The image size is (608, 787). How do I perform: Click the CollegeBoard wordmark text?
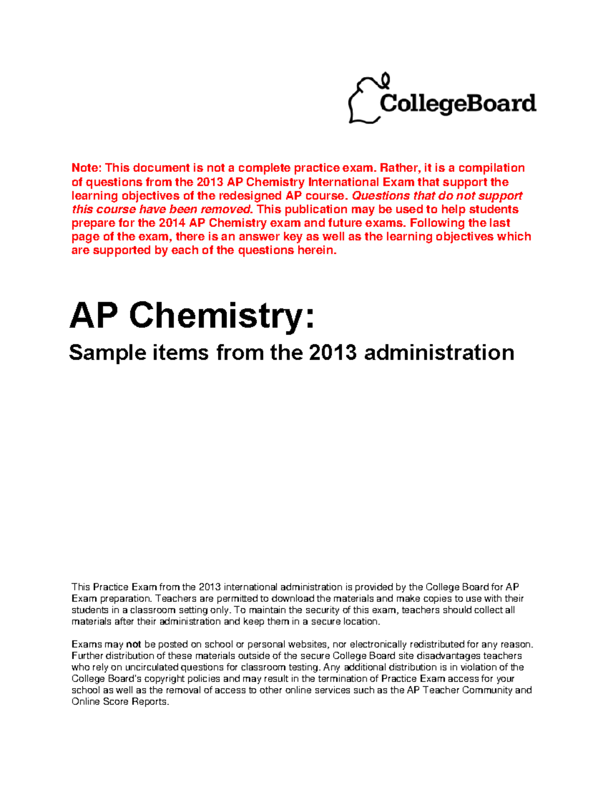pyautogui.click(x=458, y=104)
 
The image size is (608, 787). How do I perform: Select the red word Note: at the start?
pyautogui.click(x=87, y=168)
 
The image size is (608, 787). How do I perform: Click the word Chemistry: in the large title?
pyautogui.click(x=222, y=316)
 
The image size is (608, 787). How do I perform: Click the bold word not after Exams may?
pyautogui.click(x=133, y=645)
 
